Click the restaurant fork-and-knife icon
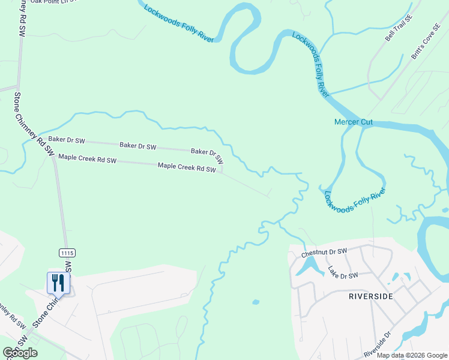point(58,282)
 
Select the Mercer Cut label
point(353,122)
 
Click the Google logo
point(20,353)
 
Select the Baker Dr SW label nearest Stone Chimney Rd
point(67,140)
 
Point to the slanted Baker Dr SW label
point(207,156)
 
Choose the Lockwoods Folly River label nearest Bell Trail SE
point(311,65)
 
